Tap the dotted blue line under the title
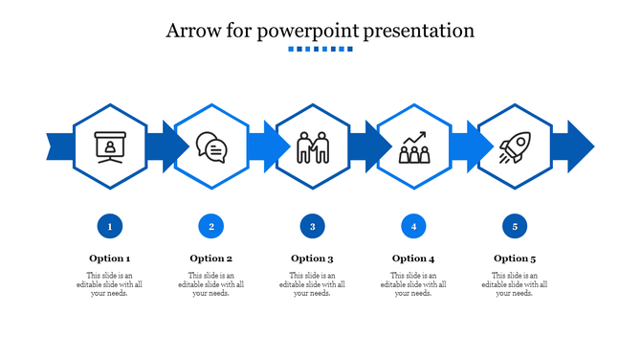pos(320,50)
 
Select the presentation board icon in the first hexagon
pos(110,147)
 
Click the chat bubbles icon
pos(211,147)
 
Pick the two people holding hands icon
pos(312,147)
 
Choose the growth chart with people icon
pos(413,147)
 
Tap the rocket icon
pos(514,147)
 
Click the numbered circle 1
pos(110,227)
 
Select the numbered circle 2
pos(211,227)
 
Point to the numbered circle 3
pos(312,227)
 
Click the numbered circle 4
pos(413,227)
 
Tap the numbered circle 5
pos(515,227)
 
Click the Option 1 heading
pos(110,259)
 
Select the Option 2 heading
pos(211,259)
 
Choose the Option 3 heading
pos(312,259)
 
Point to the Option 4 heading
pos(413,259)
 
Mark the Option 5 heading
pos(515,259)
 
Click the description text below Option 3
pos(312,284)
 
